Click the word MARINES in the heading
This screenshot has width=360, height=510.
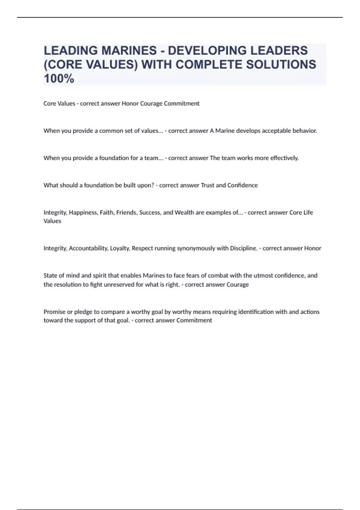(x=129, y=51)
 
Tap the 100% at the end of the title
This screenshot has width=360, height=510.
(x=59, y=79)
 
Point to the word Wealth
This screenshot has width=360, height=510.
(x=184, y=213)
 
